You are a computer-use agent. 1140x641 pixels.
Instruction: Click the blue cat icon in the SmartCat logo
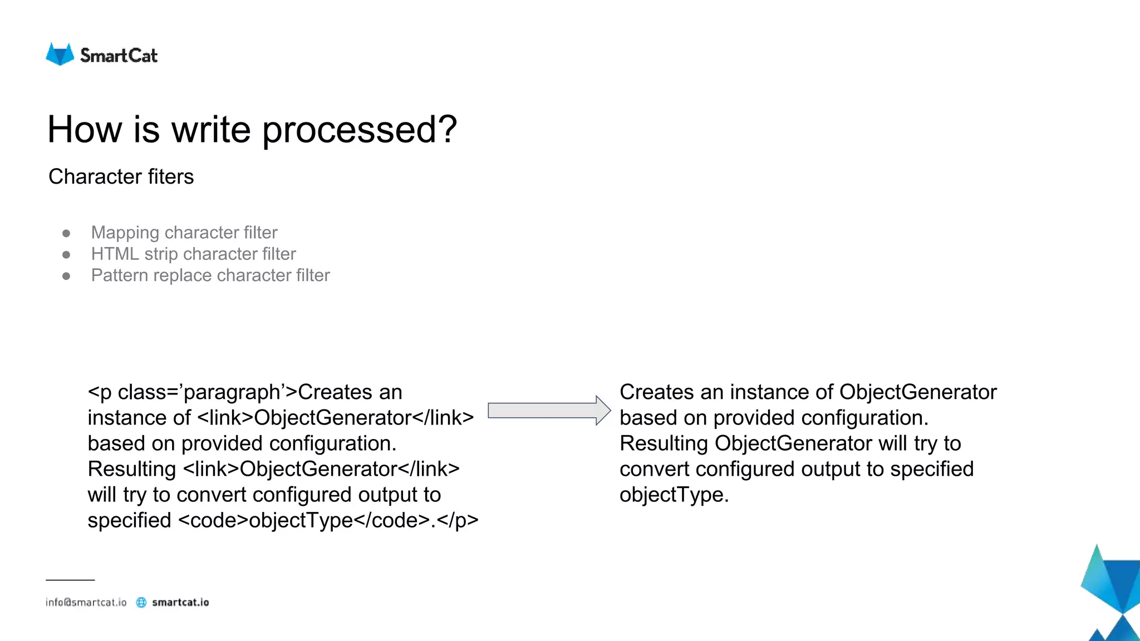click(x=60, y=55)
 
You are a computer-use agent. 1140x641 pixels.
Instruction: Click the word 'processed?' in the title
click(x=360, y=130)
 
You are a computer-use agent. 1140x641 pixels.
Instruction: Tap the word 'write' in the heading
click(x=211, y=130)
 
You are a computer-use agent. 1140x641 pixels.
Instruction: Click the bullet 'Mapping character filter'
click(x=184, y=233)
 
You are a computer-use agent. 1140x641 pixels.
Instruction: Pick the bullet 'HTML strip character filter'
click(x=193, y=254)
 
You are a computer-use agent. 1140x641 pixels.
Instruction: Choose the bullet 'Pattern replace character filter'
click(x=210, y=275)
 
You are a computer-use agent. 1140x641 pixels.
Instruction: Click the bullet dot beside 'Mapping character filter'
click(x=66, y=233)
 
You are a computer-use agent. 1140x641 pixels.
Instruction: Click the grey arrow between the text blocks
click(x=548, y=411)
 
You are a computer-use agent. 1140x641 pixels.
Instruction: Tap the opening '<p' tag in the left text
click(x=100, y=392)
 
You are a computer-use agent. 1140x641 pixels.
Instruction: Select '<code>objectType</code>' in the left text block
click(x=304, y=520)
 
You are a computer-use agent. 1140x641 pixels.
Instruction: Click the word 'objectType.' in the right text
click(x=674, y=495)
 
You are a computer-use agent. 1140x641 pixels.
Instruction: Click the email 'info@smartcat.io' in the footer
click(x=86, y=603)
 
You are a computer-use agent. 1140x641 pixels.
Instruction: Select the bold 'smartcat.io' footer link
click(x=180, y=603)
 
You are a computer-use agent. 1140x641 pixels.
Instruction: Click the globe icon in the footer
click(x=141, y=603)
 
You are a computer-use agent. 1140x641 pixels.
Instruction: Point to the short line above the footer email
click(x=70, y=580)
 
